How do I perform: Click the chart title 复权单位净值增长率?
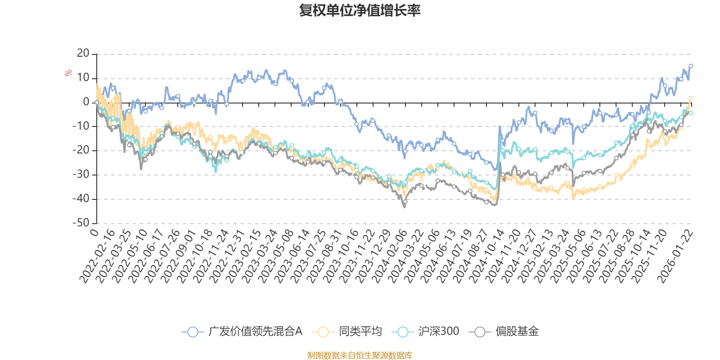pyautogui.click(x=360, y=10)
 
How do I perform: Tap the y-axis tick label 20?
pyautogui.click(x=83, y=54)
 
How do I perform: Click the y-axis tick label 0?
pyautogui.click(x=86, y=102)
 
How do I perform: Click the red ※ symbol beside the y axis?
pyautogui.click(x=68, y=73)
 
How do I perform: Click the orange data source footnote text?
pyautogui.click(x=360, y=355)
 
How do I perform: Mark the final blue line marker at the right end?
pyautogui.click(x=691, y=66)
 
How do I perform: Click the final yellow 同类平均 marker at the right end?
pyautogui.click(x=691, y=98)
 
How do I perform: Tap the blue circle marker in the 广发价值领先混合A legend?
pyautogui.click(x=193, y=332)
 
